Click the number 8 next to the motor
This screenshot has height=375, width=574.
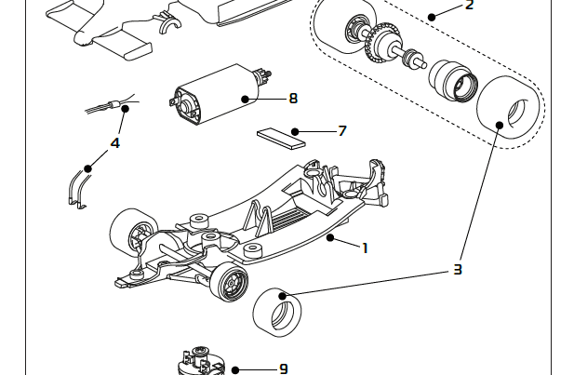(x=293, y=98)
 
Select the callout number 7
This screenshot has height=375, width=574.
(x=341, y=131)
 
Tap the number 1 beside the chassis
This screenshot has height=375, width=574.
(x=366, y=248)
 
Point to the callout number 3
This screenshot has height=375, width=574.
(x=457, y=270)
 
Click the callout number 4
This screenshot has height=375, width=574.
(x=115, y=143)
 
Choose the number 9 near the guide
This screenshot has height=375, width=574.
(x=283, y=369)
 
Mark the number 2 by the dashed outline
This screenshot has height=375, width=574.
(x=469, y=6)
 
